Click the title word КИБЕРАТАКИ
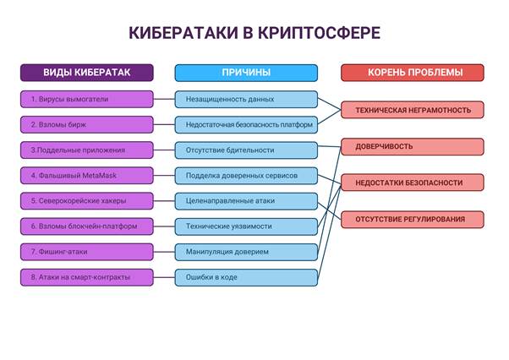point(183,33)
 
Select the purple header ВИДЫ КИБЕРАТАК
point(87,73)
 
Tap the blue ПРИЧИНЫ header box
point(246,73)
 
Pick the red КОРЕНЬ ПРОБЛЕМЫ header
point(413,73)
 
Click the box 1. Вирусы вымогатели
point(87,99)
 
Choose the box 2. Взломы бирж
point(87,124)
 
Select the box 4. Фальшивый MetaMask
point(87,176)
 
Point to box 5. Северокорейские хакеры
point(87,201)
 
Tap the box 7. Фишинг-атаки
point(87,252)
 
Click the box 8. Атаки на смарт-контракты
point(87,277)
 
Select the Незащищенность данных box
point(246,99)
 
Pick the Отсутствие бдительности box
point(246,150)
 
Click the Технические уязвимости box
point(246,226)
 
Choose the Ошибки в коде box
point(246,277)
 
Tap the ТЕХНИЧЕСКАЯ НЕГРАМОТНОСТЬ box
point(413,110)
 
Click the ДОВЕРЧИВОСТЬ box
point(413,146)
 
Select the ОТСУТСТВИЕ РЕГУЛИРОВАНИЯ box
point(413,220)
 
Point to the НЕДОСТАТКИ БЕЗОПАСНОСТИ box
point(413,183)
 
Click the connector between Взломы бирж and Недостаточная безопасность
point(164,124)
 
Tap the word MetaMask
point(99,176)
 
